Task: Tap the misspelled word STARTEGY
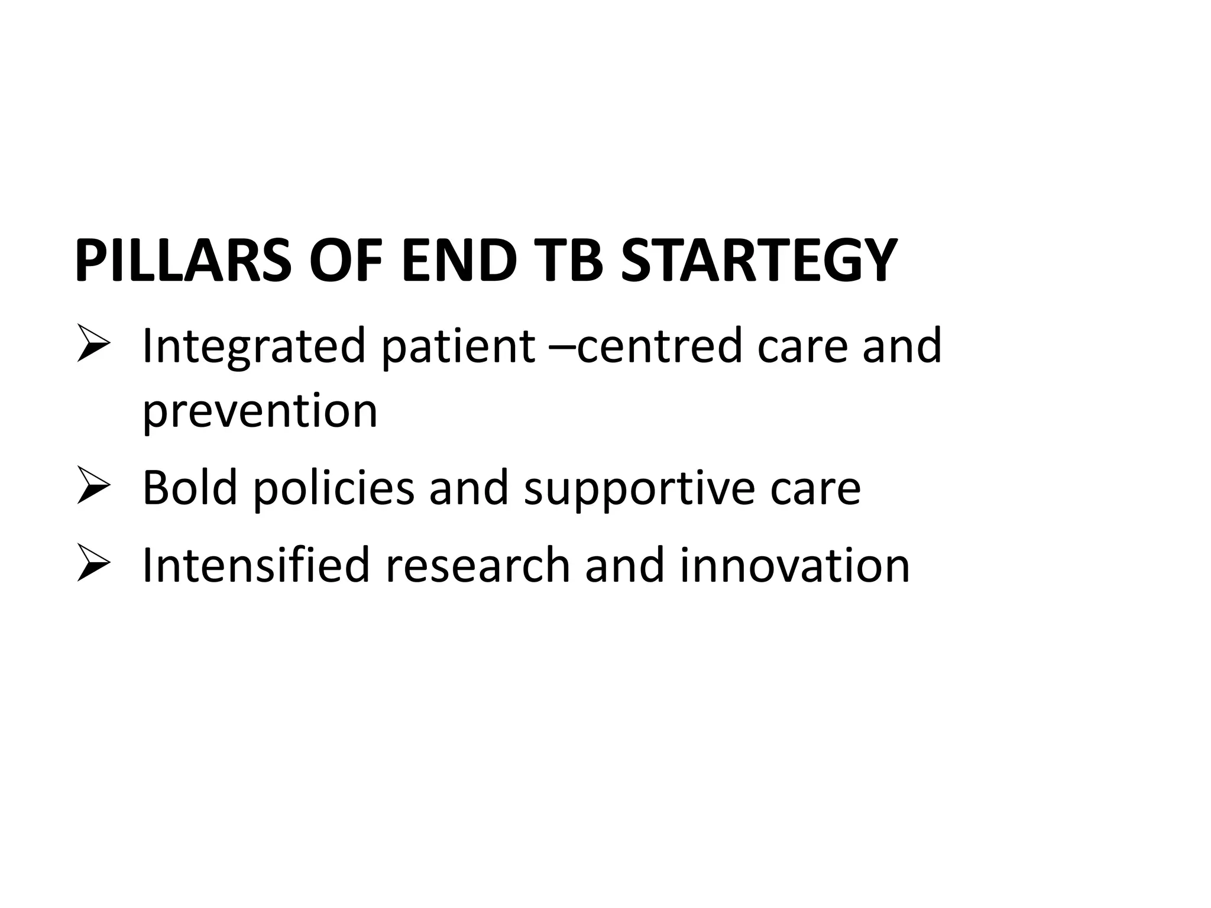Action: [x=759, y=261]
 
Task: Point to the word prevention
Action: [x=260, y=413]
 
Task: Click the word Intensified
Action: [x=256, y=565]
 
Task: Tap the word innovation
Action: [x=794, y=565]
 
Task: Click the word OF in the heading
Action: [x=346, y=261]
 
